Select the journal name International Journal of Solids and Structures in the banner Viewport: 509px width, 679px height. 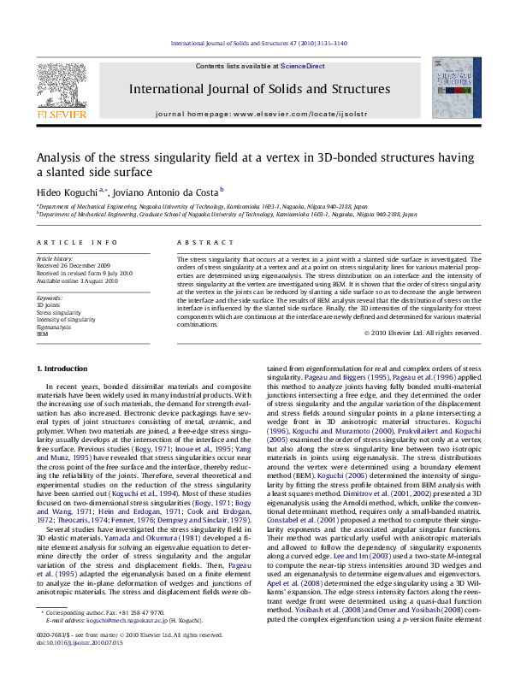259,89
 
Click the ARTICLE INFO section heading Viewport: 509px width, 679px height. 65,243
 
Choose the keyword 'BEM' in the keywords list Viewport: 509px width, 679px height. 43,334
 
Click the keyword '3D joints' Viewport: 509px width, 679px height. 48,304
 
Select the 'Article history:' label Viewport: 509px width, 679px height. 55,258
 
